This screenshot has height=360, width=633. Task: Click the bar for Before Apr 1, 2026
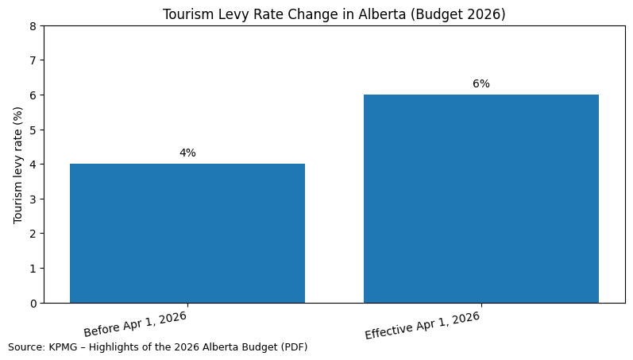[x=187, y=234]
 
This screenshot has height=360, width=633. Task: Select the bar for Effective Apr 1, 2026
[x=481, y=199]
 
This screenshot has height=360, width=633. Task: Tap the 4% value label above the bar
[x=187, y=153]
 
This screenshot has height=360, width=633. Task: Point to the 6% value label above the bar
[x=481, y=84]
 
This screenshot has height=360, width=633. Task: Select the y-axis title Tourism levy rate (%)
[x=18, y=165]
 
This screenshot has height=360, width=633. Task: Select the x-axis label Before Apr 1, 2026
[x=135, y=323]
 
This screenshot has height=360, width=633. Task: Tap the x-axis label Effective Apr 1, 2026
[x=423, y=325]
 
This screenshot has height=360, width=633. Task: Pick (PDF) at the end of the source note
[x=293, y=347]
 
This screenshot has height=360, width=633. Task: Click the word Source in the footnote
[x=25, y=347]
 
